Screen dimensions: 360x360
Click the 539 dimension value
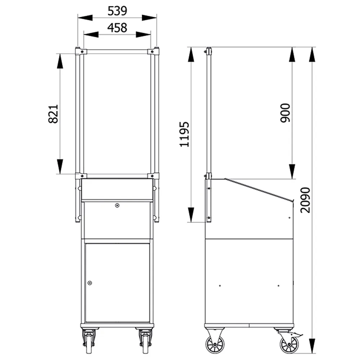(117, 11)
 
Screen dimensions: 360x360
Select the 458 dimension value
(117, 28)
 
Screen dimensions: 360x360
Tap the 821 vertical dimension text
(53, 114)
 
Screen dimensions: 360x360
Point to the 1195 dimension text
(184, 134)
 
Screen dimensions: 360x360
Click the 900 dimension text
(285, 113)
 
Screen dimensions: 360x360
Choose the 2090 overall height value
(305, 200)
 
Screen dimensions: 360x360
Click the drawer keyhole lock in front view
(117, 206)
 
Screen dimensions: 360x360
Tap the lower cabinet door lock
(90, 283)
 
